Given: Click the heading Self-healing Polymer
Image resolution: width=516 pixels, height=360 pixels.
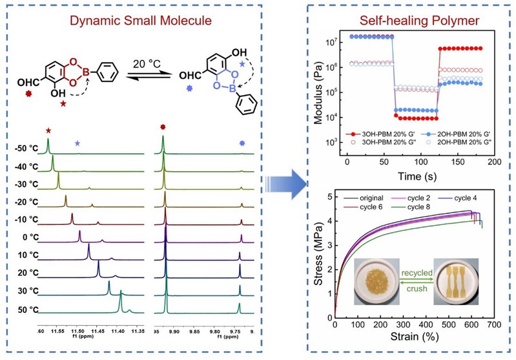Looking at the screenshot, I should tap(398, 23).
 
